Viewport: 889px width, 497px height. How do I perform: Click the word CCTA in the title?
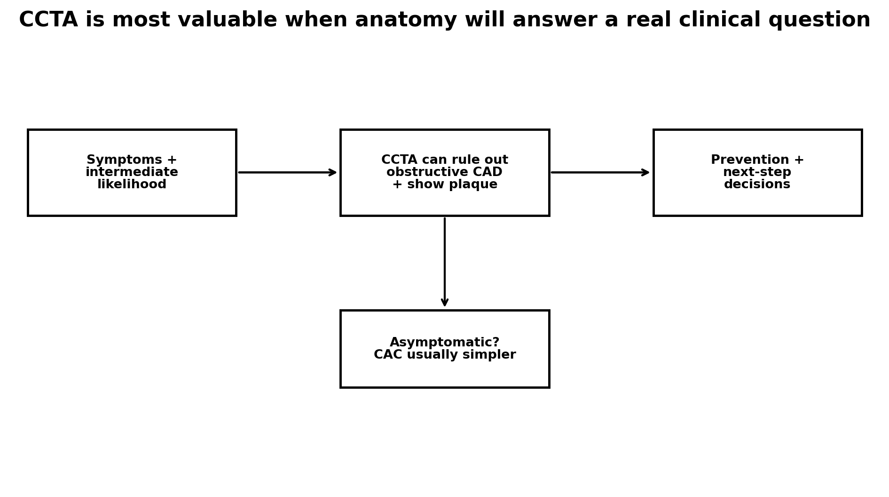[x=48, y=20]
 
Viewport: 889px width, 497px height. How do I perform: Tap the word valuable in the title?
[x=234, y=20]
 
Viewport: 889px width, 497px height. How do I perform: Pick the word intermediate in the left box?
[x=132, y=172]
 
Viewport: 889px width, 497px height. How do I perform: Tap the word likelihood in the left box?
[x=132, y=184]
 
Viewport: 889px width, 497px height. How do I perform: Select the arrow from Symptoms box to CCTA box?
[x=287, y=172]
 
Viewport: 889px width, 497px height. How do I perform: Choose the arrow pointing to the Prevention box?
[x=600, y=172]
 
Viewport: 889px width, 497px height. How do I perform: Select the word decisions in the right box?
[x=757, y=184]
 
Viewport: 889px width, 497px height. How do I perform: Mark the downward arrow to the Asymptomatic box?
[x=445, y=262]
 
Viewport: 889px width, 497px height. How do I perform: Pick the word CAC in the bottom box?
[x=388, y=355]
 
